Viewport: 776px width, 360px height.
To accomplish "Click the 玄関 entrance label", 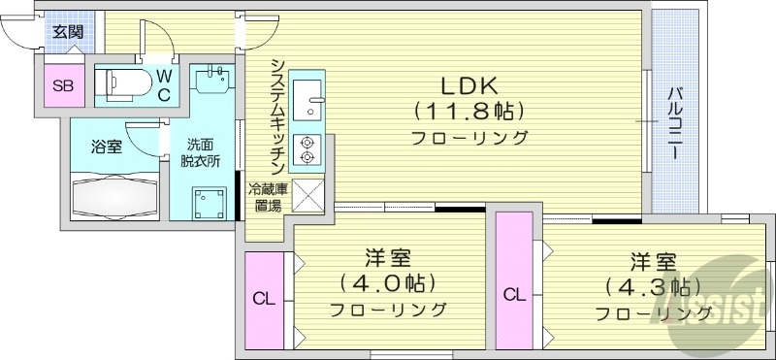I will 67,31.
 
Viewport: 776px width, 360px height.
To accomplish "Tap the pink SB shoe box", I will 63,85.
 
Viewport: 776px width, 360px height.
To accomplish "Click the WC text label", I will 164,83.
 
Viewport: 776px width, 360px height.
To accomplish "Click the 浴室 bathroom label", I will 106,147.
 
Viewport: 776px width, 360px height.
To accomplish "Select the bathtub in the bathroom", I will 113,194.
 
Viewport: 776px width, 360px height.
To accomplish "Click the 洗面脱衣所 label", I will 202,152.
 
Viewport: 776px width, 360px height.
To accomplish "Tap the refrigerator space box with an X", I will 308,196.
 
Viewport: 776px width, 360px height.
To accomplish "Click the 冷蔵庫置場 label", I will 268,197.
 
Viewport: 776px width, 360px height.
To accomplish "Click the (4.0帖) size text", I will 387,283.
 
